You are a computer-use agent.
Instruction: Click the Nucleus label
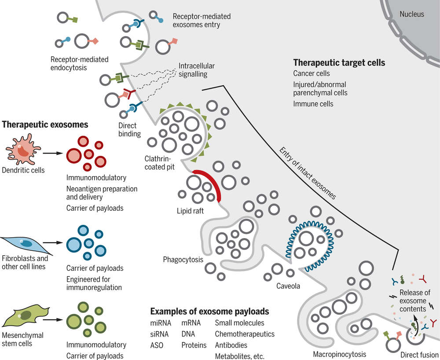click(x=412, y=15)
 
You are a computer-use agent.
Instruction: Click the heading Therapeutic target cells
click(x=339, y=63)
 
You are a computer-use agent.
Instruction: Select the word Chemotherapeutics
click(x=244, y=334)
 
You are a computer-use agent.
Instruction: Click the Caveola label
click(x=288, y=287)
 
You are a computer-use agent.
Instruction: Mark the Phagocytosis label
click(x=183, y=259)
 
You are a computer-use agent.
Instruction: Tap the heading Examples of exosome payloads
click(x=209, y=312)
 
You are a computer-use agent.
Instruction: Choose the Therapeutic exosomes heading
click(x=45, y=125)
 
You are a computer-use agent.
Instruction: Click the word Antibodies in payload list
click(x=231, y=345)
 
